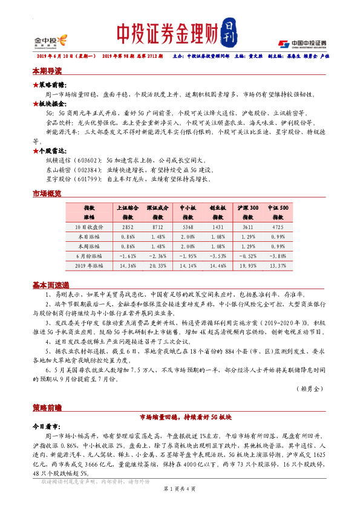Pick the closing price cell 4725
tap(282, 226)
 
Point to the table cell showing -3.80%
tap(282, 256)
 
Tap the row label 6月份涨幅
tap(90, 256)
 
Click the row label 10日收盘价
tap(90, 226)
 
